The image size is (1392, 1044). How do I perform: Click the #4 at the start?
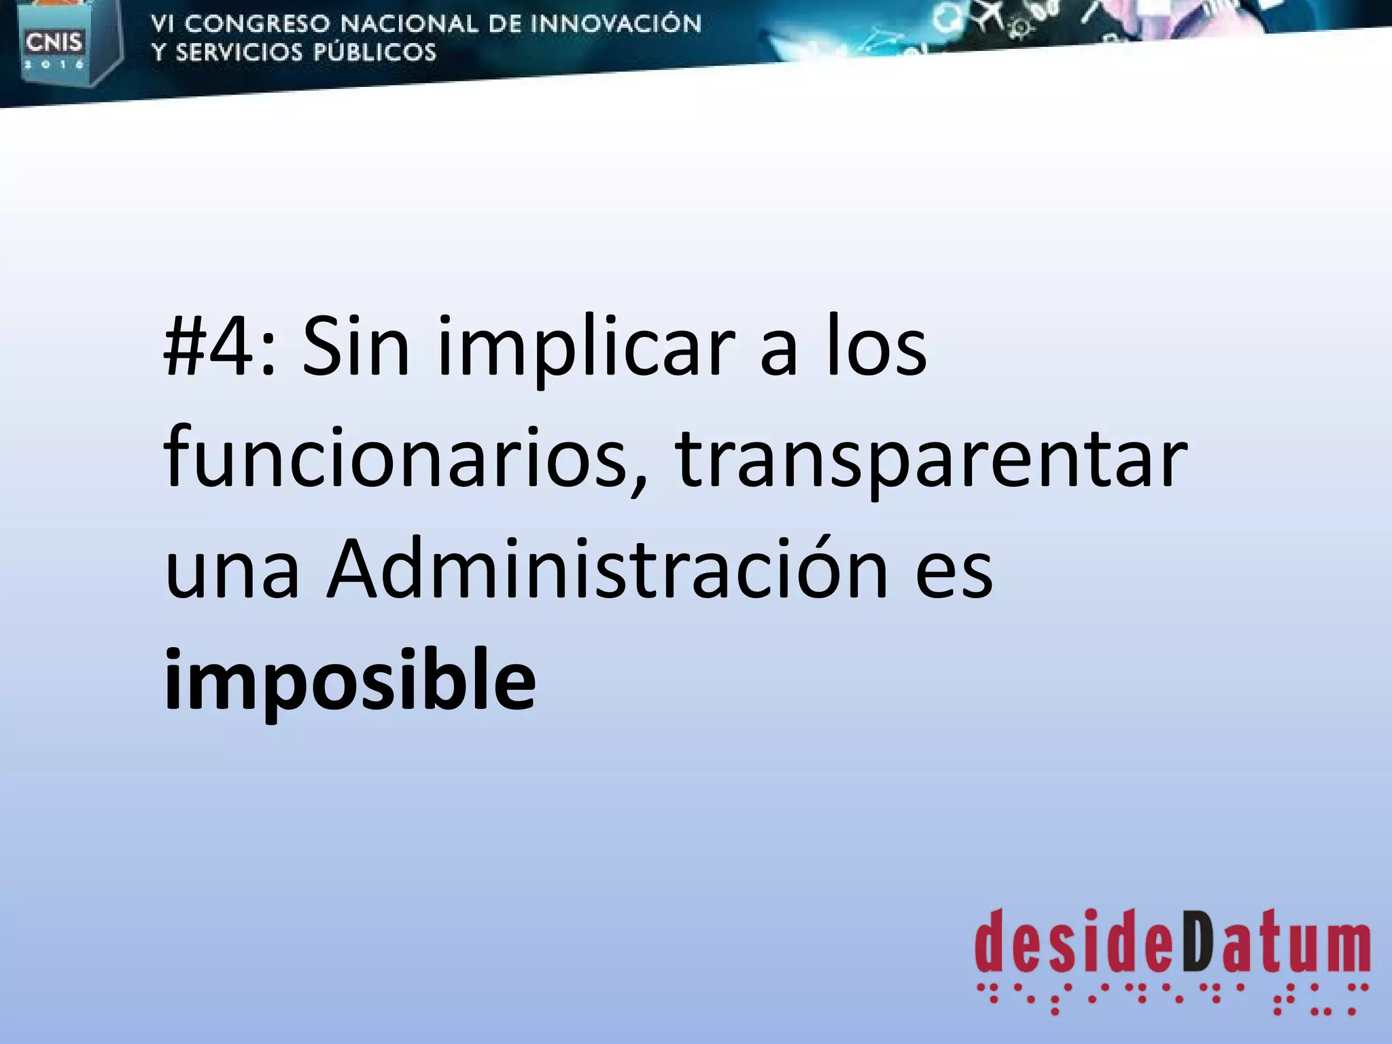(x=211, y=348)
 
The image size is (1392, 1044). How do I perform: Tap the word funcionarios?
(x=394, y=457)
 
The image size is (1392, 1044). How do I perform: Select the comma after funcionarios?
(x=638, y=483)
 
